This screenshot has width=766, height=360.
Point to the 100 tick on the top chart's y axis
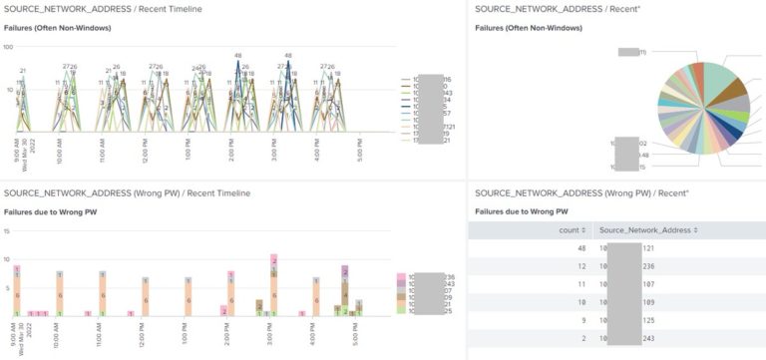click(8, 47)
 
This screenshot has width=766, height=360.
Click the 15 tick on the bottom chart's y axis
click(7, 231)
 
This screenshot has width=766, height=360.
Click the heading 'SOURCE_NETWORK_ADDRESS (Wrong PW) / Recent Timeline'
click(127, 192)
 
